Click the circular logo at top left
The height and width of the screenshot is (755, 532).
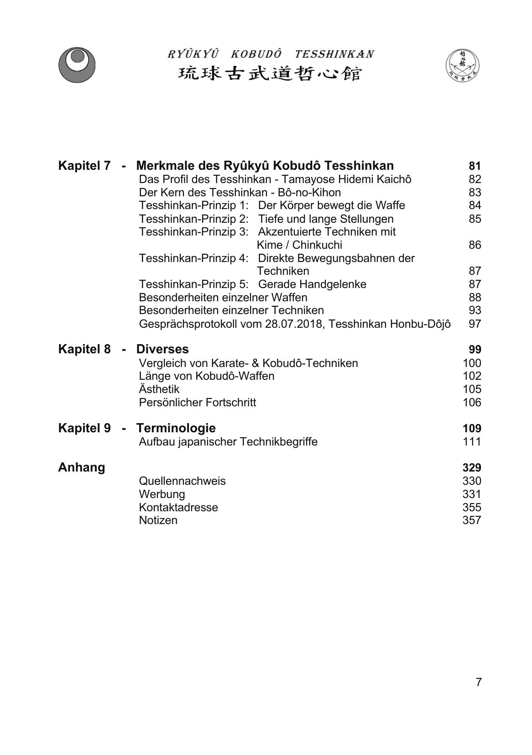click(77, 65)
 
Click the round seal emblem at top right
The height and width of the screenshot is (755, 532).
click(462, 65)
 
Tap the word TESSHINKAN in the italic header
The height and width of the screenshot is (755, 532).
click(334, 54)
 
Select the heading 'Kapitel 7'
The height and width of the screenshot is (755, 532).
click(84, 166)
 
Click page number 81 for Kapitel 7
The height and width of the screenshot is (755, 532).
click(475, 166)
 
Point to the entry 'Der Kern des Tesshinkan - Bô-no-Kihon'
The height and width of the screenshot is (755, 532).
click(240, 193)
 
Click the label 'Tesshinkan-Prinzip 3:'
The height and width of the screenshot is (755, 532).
click(193, 232)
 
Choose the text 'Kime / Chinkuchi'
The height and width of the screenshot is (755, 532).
click(299, 245)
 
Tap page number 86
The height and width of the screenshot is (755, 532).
click(475, 245)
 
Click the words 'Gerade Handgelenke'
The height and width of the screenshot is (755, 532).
click(312, 284)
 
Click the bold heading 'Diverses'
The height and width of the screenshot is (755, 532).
click(162, 349)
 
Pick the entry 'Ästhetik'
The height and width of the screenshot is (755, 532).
click(159, 389)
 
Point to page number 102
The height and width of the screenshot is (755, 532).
click(472, 376)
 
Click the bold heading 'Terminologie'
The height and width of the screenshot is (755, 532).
click(176, 428)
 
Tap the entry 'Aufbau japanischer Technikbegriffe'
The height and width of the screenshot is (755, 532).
click(228, 442)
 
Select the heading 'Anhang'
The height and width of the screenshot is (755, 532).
click(82, 467)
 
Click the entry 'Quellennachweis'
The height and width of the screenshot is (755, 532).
click(182, 481)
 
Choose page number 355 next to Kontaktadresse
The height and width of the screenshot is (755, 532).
click(472, 508)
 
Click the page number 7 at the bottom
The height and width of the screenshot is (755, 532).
click(479, 682)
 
